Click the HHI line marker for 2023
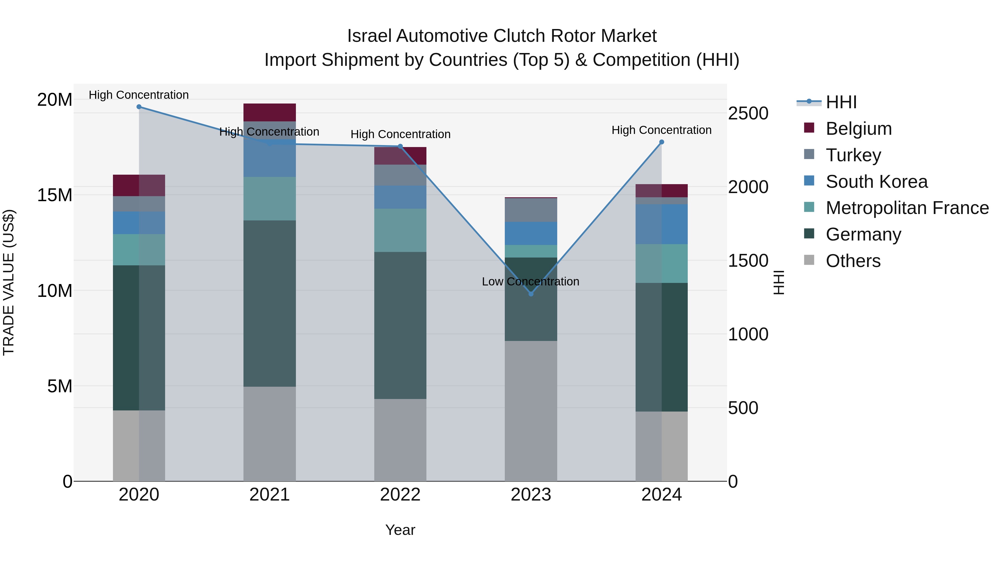[x=531, y=294]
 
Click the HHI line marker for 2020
[x=139, y=107]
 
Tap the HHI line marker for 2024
[x=662, y=142]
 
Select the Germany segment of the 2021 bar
[x=270, y=303]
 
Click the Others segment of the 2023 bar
[x=531, y=411]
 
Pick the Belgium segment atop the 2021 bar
[x=270, y=112]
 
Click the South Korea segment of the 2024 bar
[x=662, y=224]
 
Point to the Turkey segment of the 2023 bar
[x=531, y=210]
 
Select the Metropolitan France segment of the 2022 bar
[x=400, y=230]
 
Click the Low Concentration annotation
[x=530, y=282]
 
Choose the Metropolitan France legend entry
[x=907, y=208]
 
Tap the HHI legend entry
[x=841, y=102]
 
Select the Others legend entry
[x=853, y=261]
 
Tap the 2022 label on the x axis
[x=400, y=495]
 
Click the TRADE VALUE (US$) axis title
[x=9, y=282]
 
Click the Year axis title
[x=400, y=530]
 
